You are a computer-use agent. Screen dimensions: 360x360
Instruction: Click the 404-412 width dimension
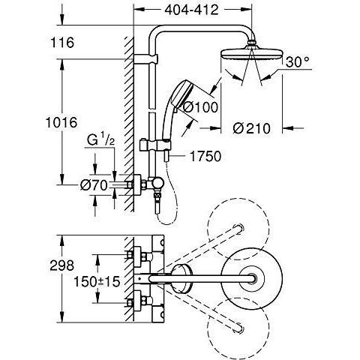[192, 10]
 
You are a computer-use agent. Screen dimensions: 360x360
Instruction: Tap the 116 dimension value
[62, 42]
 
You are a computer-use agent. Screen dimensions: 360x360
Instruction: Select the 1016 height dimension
[61, 122]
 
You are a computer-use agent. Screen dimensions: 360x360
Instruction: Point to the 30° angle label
[298, 62]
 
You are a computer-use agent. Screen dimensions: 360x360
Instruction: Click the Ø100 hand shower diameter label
[201, 107]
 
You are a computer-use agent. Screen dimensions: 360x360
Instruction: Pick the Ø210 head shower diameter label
[251, 128]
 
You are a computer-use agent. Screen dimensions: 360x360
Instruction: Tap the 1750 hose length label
[205, 157]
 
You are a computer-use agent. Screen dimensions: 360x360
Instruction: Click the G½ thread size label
[100, 140]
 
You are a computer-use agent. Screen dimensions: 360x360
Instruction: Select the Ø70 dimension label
[94, 185]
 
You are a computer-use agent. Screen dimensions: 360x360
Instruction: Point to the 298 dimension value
[62, 265]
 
